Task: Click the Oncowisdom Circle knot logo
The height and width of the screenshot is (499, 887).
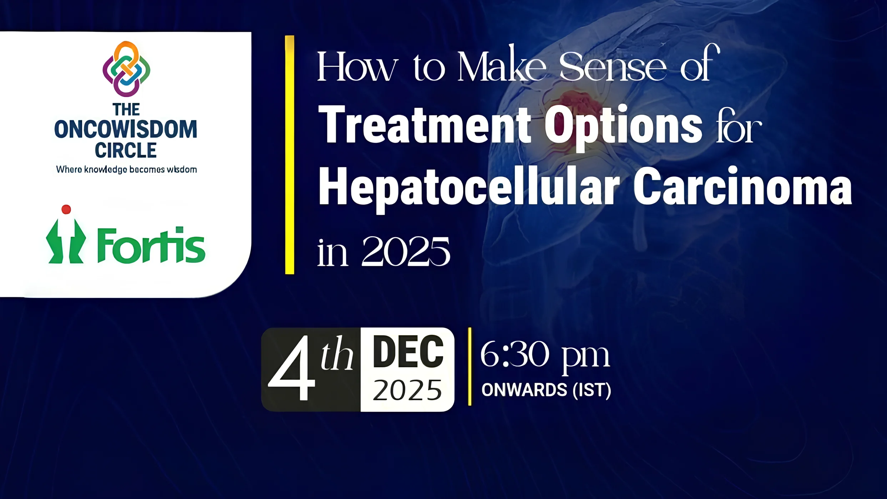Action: (x=126, y=69)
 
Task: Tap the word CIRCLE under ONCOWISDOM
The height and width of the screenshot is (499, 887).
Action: (x=126, y=150)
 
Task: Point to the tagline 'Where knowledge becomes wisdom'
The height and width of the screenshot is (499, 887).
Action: (x=126, y=170)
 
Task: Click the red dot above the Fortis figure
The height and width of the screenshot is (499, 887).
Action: (x=66, y=209)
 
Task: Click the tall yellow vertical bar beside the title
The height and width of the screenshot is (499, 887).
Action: (x=289, y=155)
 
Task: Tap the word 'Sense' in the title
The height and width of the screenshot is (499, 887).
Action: (x=612, y=67)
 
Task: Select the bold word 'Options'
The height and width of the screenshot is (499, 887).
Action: (x=623, y=127)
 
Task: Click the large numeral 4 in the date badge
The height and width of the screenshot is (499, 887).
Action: (x=292, y=369)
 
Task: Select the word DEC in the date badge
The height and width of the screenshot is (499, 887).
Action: (x=408, y=352)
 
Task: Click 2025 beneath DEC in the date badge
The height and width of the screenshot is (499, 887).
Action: (x=407, y=390)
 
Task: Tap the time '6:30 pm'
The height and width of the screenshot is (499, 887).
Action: (x=544, y=355)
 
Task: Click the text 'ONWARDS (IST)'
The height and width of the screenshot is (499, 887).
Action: (x=546, y=390)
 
